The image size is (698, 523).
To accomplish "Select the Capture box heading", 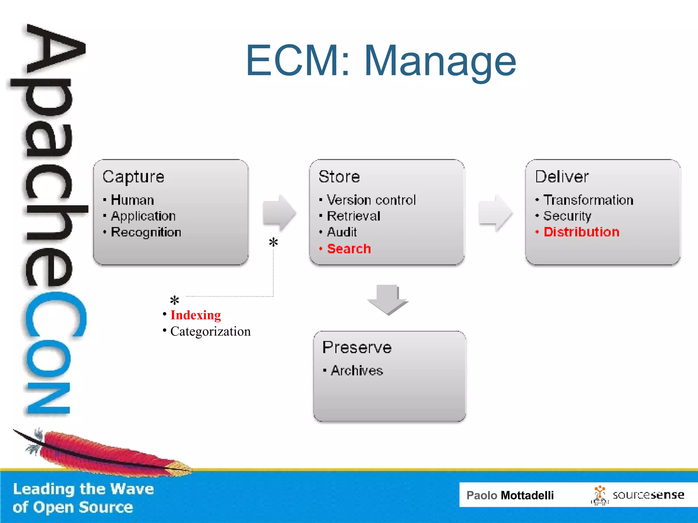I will (x=133, y=177).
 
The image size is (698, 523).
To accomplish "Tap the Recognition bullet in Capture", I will (x=146, y=232).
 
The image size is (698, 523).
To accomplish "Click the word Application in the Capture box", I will (x=143, y=216).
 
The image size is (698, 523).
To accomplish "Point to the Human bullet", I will (x=133, y=200).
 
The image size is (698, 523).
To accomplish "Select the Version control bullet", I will (x=371, y=200).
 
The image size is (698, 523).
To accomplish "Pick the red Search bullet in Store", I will (x=349, y=249).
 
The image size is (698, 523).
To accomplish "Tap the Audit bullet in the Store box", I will (x=342, y=232).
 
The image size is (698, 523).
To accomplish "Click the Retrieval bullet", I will (x=353, y=216).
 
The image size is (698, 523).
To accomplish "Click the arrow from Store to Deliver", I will (x=495, y=213).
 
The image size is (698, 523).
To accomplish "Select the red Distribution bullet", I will (x=581, y=232).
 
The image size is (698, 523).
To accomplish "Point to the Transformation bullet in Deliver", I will (x=588, y=200).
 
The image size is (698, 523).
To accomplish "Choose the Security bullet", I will (x=567, y=216).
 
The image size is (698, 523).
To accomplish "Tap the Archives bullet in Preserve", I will (x=357, y=370).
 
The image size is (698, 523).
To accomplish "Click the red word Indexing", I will (x=195, y=315).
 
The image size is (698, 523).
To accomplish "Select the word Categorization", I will (x=210, y=331).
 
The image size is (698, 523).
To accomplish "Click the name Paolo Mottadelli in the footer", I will (x=510, y=495).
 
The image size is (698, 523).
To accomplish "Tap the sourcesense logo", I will (x=638, y=495).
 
